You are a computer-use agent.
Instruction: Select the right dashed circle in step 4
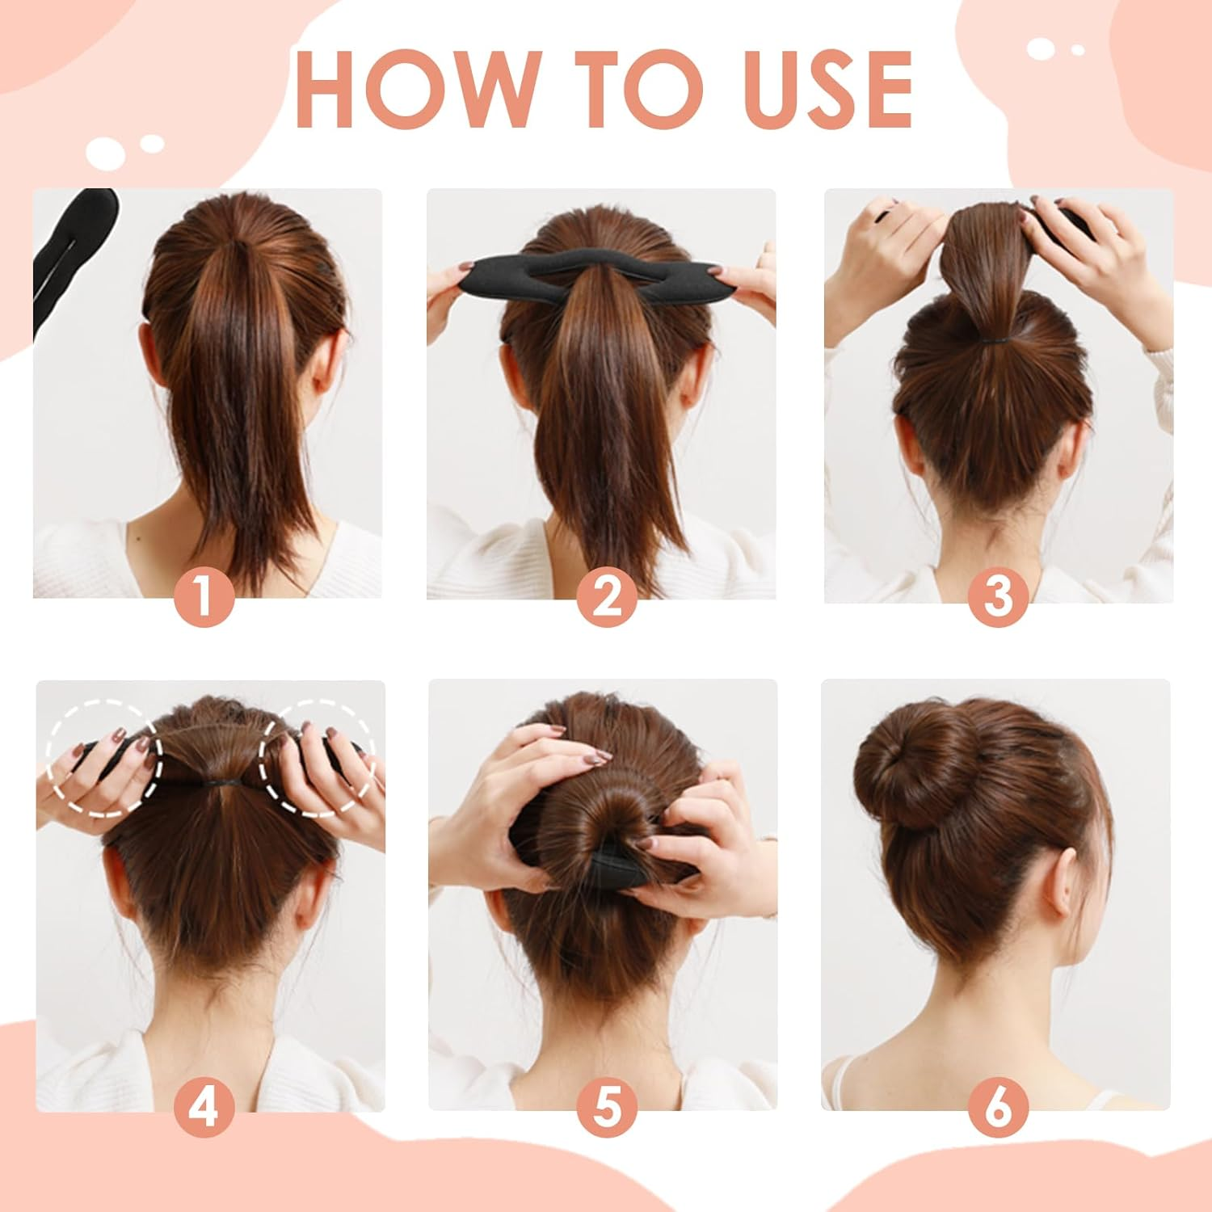(x=317, y=755)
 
